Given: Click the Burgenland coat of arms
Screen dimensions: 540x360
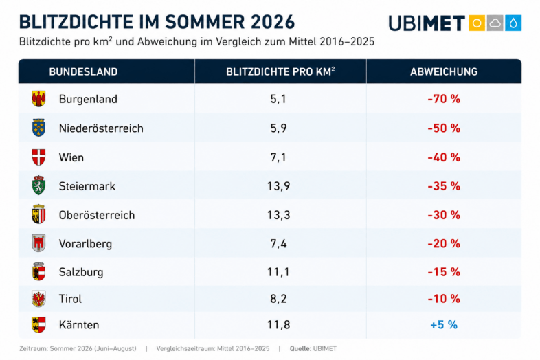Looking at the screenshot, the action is click(38, 99).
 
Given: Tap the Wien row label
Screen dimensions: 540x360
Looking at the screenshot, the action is click(71, 157).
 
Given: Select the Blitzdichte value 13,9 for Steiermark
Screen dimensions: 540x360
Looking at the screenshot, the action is click(279, 186).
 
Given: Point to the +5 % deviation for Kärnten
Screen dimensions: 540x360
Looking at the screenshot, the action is click(444, 325).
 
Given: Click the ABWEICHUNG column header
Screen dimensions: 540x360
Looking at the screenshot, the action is click(444, 71).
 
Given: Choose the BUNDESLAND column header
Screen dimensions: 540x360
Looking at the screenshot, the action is click(83, 71).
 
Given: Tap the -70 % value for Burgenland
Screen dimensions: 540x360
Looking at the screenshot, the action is click(444, 99).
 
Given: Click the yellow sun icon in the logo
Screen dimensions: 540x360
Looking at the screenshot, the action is click(477, 23).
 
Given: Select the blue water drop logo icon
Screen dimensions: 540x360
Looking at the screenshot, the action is click(513, 23).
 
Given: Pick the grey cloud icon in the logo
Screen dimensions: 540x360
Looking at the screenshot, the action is click(495, 23).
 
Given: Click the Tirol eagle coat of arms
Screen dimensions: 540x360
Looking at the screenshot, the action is click(38, 299).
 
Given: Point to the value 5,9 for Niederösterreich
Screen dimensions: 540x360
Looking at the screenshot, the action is click(279, 128).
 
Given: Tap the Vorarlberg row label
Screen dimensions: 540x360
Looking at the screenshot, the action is click(85, 244).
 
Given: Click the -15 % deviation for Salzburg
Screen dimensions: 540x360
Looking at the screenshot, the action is click(444, 272).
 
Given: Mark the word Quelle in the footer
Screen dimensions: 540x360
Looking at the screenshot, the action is click(300, 348).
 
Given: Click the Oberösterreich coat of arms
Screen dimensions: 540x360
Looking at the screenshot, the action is click(38, 214).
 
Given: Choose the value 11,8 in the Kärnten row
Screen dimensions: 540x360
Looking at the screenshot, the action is click(279, 325).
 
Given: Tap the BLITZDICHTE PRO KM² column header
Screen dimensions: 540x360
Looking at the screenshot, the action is click(280, 71).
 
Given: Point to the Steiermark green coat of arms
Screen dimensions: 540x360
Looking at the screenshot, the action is click(38, 185).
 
